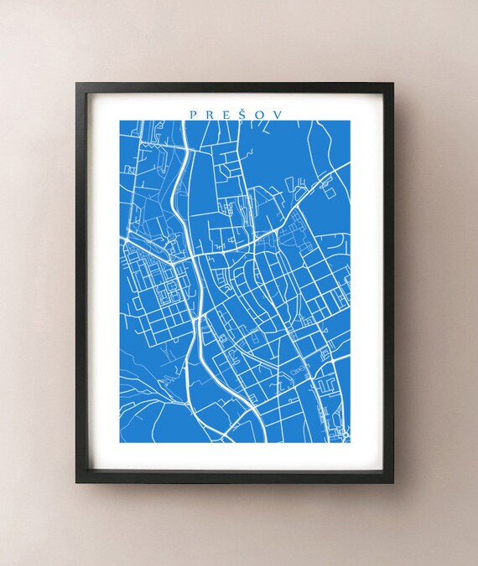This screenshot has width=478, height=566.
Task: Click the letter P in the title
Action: tap(193, 113)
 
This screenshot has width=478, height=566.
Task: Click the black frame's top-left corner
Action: tap(76, 83)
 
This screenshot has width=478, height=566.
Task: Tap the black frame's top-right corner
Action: tap(393, 83)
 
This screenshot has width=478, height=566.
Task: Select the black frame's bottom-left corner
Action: tap(76, 483)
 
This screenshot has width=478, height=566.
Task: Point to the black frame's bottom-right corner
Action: tap(393, 483)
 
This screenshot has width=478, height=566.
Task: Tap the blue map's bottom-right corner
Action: tap(351, 443)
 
